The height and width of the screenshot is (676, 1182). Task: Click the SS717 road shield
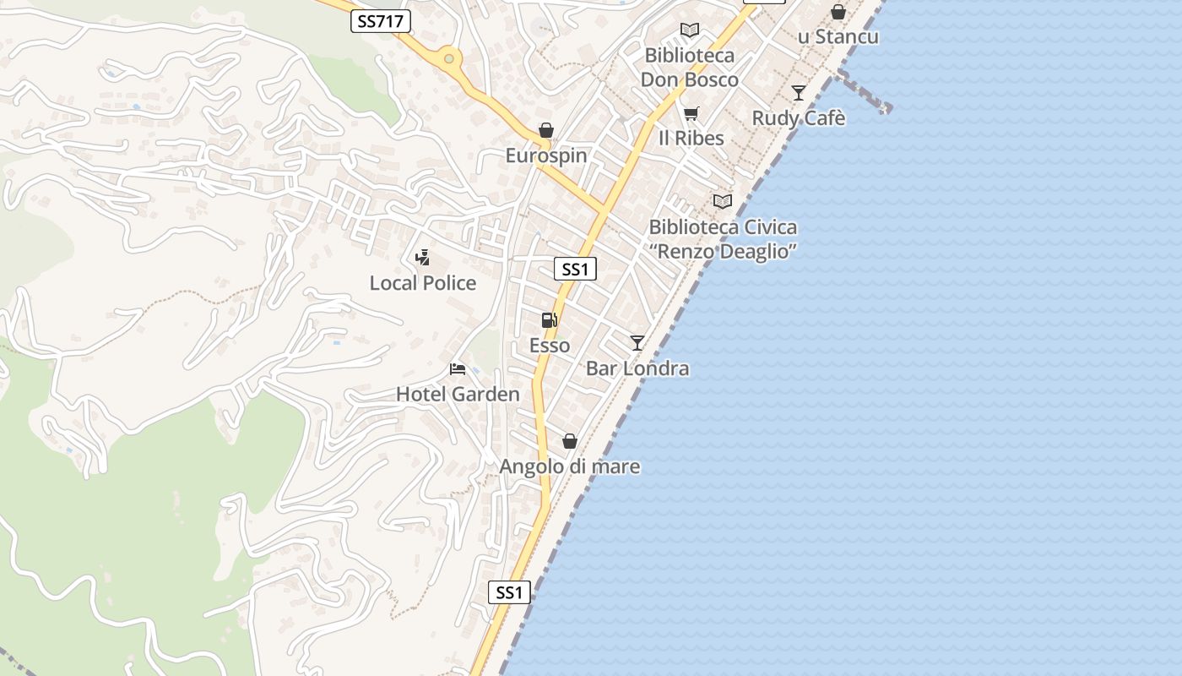tap(381, 21)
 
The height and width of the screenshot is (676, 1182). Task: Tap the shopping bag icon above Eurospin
tap(546, 130)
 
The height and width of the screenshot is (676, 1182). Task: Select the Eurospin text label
tap(546, 155)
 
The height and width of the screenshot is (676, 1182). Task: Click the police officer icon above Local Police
tap(423, 258)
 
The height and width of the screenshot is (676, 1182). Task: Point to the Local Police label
tap(423, 283)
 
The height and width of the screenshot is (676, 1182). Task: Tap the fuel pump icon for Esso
tap(549, 320)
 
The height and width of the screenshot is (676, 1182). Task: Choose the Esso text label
tap(550, 346)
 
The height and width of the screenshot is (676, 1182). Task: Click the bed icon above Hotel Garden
tap(458, 369)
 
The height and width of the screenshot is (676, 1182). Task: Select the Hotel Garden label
tap(458, 395)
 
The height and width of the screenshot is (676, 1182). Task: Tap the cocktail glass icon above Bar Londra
tap(637, 343)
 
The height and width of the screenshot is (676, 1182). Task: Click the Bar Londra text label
tap(637, 368)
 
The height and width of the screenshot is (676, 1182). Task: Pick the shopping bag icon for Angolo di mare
tap(570, 441)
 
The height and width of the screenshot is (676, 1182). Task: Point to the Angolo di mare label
tap(570, 466)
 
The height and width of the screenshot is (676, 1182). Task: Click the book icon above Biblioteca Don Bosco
tap(690, 30)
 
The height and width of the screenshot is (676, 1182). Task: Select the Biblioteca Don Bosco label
tap(690, 68)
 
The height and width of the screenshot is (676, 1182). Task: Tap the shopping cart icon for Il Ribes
tap(691, 113)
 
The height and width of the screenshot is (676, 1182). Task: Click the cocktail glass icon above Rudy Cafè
tap(799, 93)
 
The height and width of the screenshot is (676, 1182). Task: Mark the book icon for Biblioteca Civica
tap(723, 201)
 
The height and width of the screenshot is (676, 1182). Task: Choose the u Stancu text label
tap(838, 37)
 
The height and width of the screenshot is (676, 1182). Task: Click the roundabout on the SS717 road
tap(449, 59)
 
